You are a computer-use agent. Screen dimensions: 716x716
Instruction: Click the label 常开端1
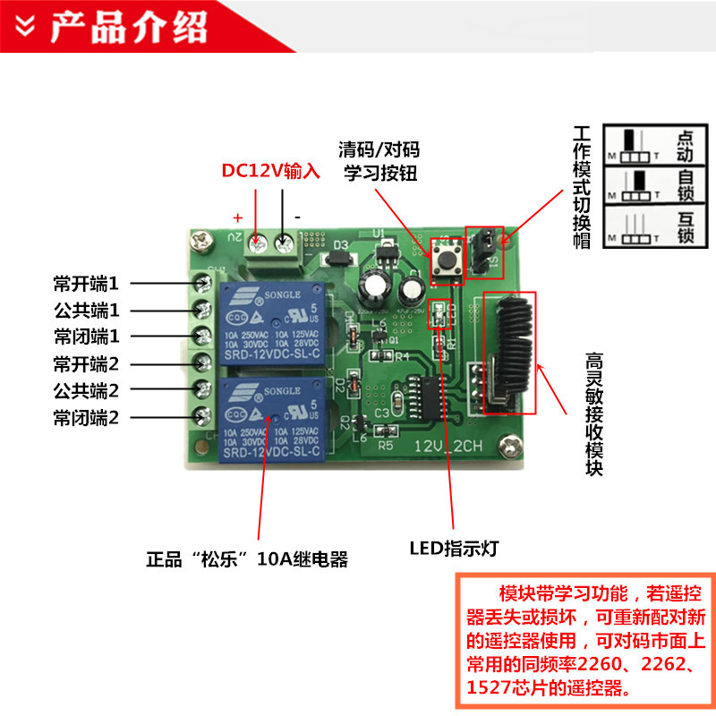(x=86, y=284)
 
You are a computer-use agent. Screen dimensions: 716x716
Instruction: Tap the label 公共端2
(x=86, y=390)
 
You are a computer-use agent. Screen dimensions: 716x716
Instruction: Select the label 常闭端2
(x=86, y=417)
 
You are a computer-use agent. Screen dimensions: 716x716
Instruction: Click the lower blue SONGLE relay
(x=268, y=418)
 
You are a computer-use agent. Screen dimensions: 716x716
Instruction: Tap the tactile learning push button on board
(x=444, y=260)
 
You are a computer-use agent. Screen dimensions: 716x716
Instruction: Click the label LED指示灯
(x=453, y=549)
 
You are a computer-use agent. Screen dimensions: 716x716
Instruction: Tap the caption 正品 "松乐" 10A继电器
(x=246, y=561)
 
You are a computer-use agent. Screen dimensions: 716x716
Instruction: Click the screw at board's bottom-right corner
(x=511, y=444)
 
